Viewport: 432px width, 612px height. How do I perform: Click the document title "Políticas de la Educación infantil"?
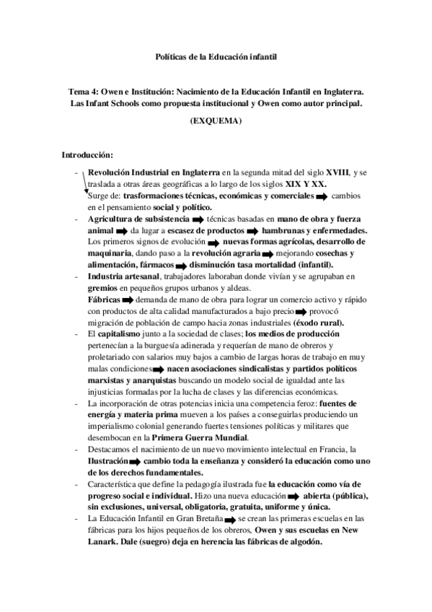(x=216, y=56)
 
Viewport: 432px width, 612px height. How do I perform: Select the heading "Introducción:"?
(x=87, y=154)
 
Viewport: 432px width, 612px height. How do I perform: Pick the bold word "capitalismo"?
(x=123, y=334)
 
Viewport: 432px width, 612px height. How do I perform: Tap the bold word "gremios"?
(x=103, y=287)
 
